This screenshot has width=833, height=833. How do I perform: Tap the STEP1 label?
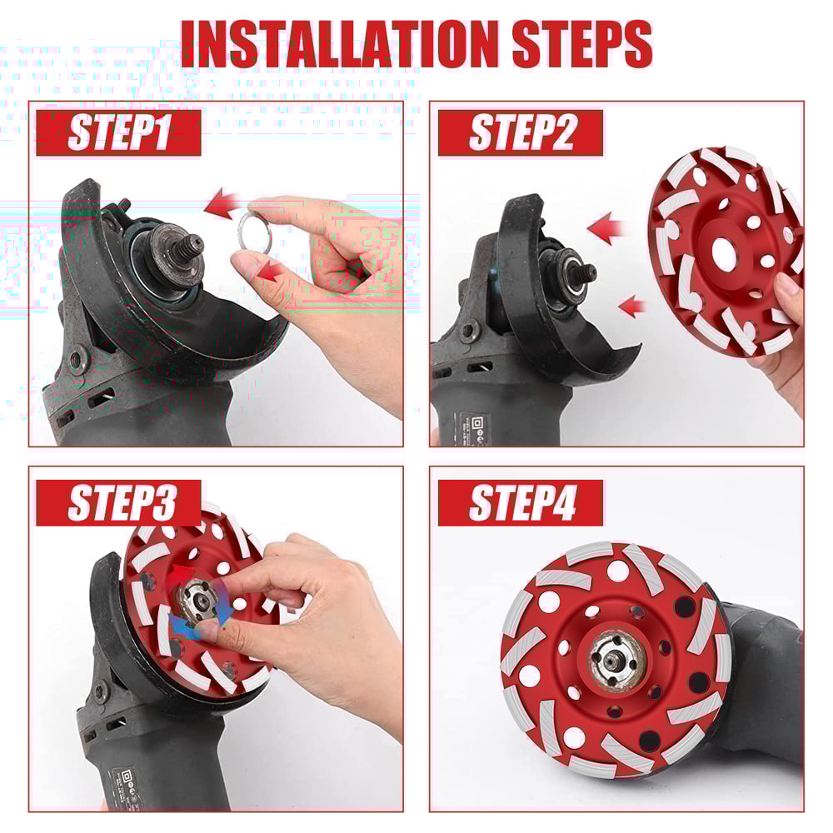click(x=117, y=132)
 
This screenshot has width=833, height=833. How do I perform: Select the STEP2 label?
click(x=520, y=132)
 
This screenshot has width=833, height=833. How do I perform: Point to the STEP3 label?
click(x=117, y=502)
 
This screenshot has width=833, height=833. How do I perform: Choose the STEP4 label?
click(x=520, y=502)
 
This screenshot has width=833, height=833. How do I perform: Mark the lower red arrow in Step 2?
click(x=634, y=306)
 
